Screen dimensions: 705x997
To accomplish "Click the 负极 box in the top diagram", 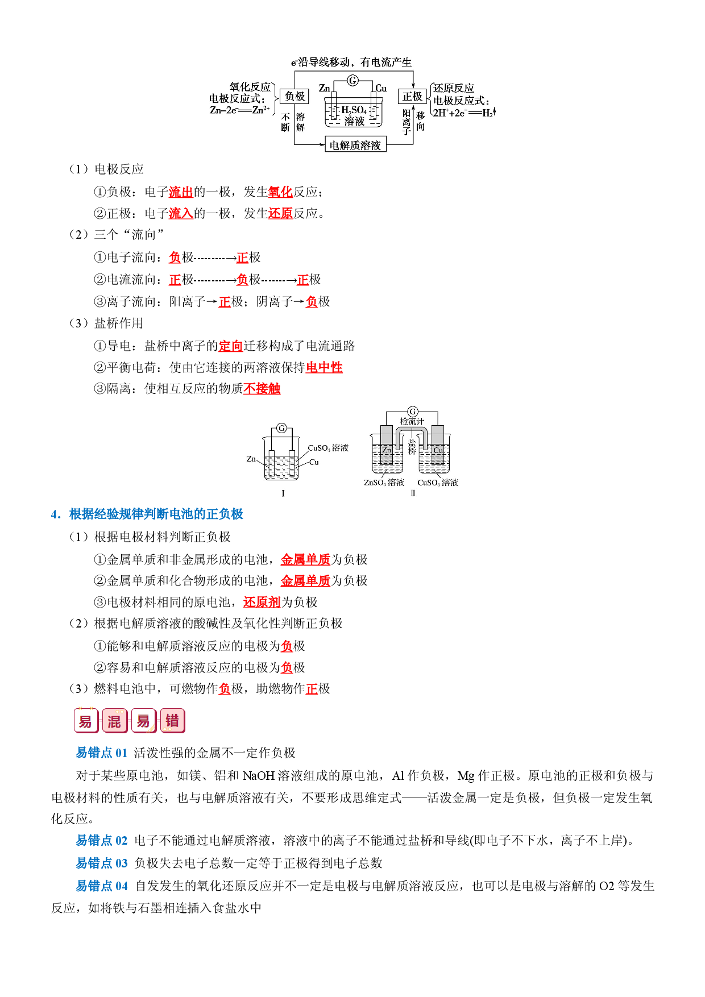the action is [x=295, y=97].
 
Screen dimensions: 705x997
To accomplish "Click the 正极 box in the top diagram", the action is [x=412, y=97].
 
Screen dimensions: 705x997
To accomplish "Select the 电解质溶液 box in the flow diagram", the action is [x=355, y=145].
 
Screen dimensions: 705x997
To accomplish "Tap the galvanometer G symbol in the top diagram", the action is [x=353, y=81].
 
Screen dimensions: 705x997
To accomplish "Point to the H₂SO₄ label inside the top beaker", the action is [x=354, y=110].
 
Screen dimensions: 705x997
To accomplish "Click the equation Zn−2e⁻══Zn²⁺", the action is [x=240, y=110].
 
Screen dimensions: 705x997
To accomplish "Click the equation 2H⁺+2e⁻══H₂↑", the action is [x=464, y=113].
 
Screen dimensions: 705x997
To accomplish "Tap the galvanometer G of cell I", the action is [x=281, y=428].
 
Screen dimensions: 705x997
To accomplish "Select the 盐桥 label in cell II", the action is [x=412, y=446].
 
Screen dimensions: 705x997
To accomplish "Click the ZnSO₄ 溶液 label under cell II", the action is [x=384, y=483].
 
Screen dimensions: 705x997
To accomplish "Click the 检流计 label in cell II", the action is [x=412, y=421].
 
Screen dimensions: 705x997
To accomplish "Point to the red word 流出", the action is [x=181, y=192].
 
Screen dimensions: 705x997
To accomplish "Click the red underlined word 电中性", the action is [x=324, y=368].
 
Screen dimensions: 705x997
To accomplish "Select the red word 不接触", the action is [x=262, y=389].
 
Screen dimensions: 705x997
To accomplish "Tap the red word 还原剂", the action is [x=262, y=603].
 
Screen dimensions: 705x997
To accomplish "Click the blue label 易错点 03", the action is [x=102, y=863].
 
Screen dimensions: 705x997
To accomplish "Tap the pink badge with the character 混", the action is [x=114, y=721].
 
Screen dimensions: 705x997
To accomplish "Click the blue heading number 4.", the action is [x=55, y=514].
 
